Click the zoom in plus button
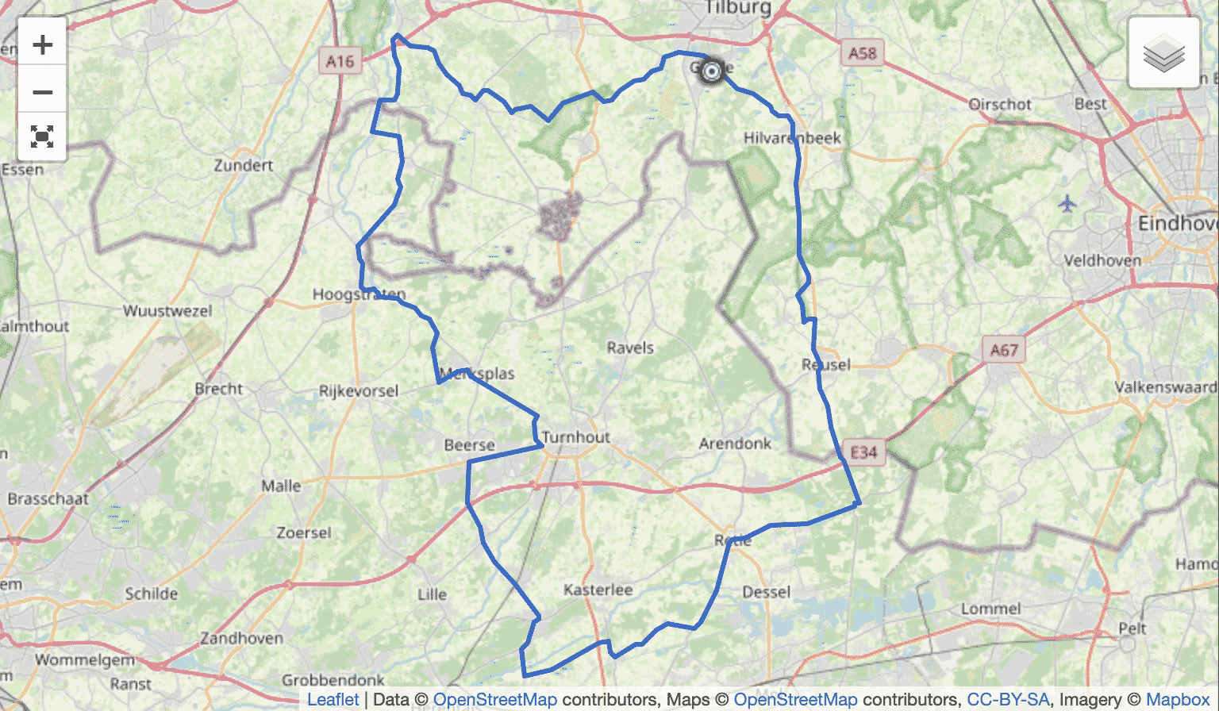[x=43, y=45]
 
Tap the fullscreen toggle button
[x=43, y=136]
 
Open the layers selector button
[x=1163, y=53]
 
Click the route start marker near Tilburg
[x=712, y=71]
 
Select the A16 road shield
[x=340, y=61]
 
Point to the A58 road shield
[x=862, y=53]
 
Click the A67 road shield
[x=1003, y=349]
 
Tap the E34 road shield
[x=863, y=452]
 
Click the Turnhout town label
[x=576, y=437]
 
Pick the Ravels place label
[x=630, y=348]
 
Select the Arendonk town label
[x=735, y=444]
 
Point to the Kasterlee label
[x=598, y=590]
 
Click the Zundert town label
[x=243, y=165]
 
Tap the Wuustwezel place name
[x=167, y=310]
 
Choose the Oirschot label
[x=1000, y=104]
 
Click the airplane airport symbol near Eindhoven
[x=1067, y=204]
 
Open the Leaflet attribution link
[x=333, y=699]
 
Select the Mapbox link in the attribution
[x=1178, y=699]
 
